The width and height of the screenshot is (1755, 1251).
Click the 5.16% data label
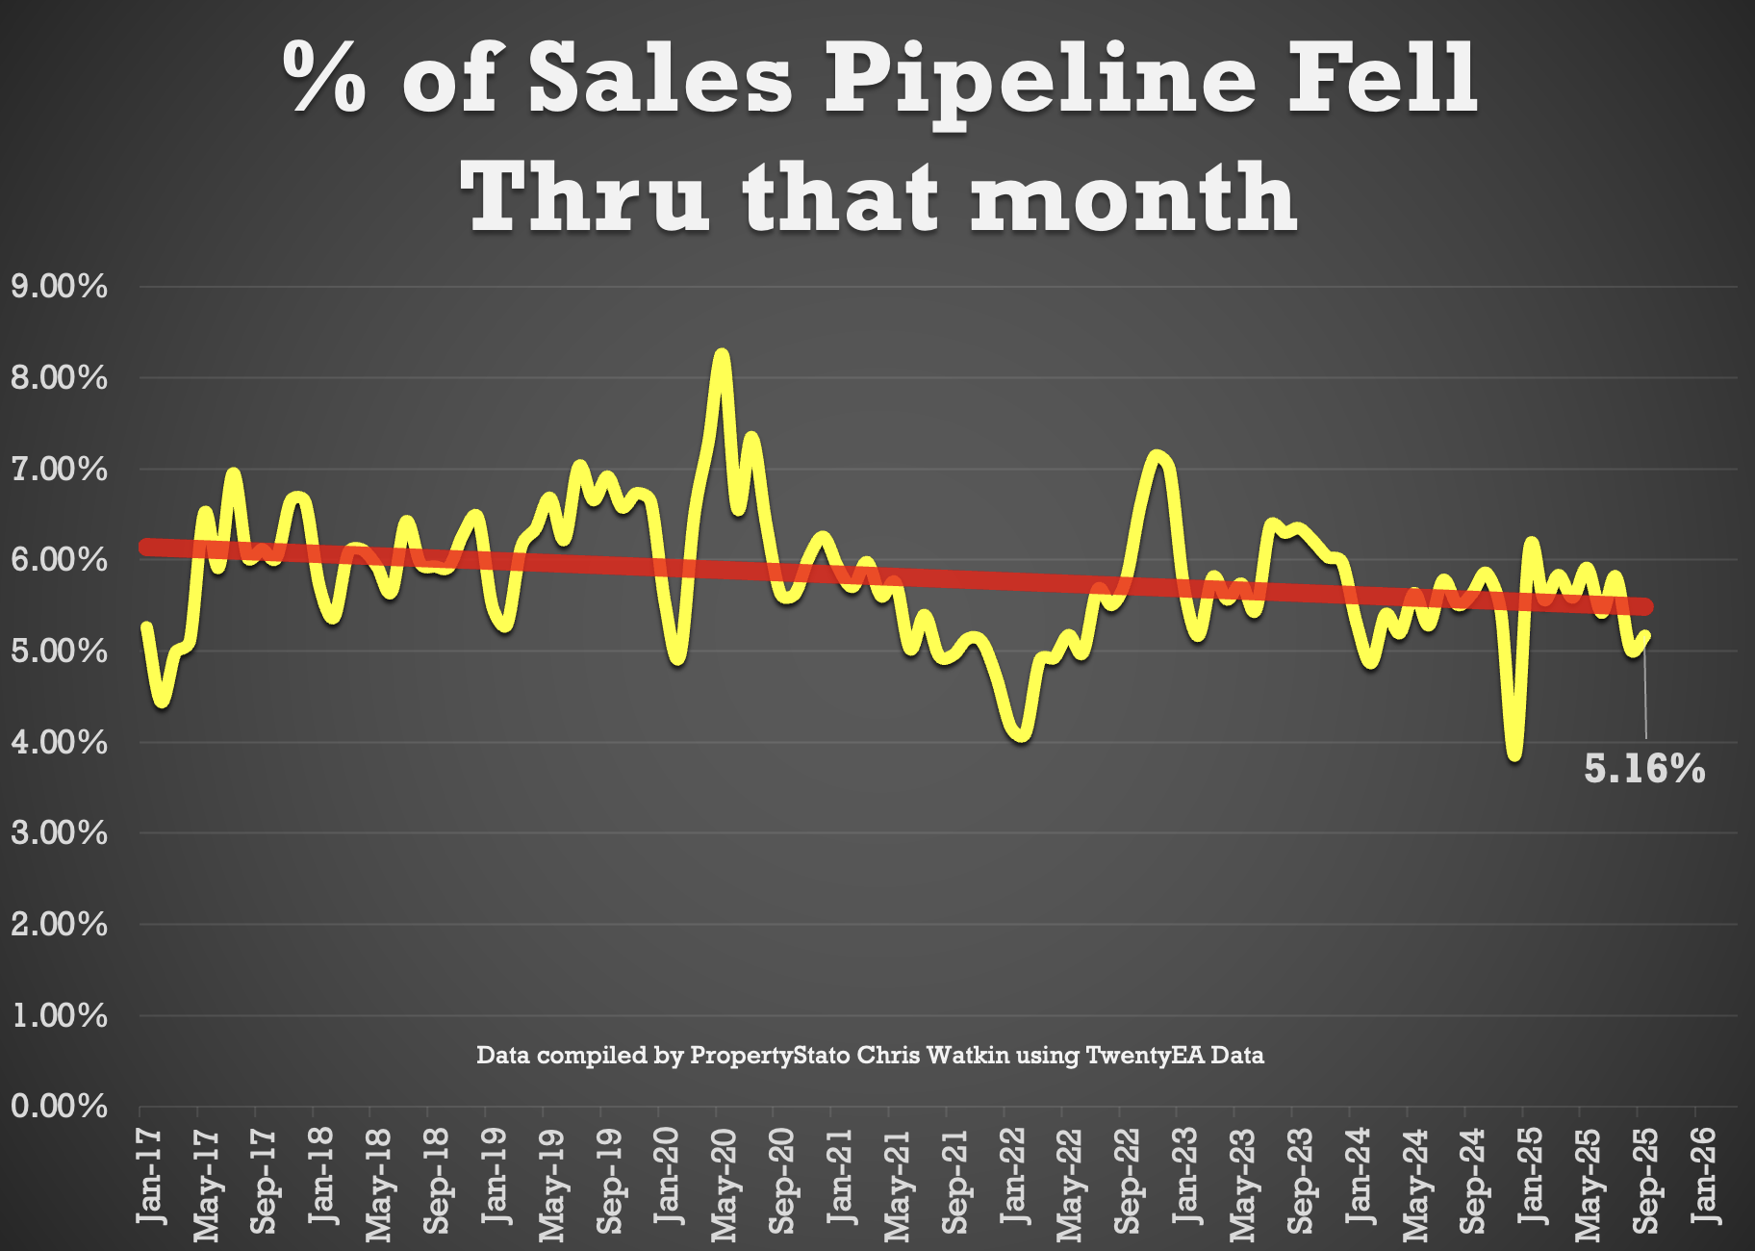coord(1644,769)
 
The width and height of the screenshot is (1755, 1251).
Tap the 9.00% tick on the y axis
coord(59,287)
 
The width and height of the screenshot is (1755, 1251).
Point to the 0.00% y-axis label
coord(59,1107)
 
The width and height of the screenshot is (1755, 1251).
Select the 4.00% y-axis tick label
coord(59,742)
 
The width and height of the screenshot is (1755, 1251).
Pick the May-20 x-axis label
coord(725,1184)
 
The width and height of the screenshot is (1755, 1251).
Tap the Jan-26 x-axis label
coord(1704,1176)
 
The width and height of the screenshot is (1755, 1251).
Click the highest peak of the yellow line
coord(722,356)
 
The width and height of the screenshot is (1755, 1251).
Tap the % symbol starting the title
coord(325,79)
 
